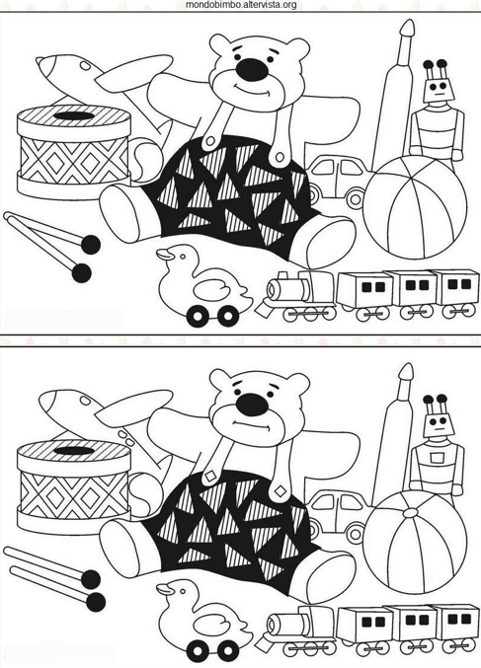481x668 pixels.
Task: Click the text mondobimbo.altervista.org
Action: [x=241, y=5]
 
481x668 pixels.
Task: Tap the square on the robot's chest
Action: [x=436, y=458]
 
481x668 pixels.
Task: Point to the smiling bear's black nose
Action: [x=252, y=69]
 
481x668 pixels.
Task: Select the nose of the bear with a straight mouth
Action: [x=252, y=404]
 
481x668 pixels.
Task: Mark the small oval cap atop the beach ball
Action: [x=412, y=512]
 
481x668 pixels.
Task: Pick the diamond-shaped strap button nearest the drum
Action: [x=210, y=477]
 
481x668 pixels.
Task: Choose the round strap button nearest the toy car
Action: [x=280, y=158]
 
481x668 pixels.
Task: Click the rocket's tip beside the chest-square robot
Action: [x=406, y=372]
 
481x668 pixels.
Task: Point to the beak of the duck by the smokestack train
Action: [x=164, y=255]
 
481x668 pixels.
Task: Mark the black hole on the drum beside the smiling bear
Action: [x=74, y=115]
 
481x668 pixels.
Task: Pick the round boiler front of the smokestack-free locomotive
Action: [x=272, y=626]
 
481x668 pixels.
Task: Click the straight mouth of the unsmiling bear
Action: [x=252, y=424]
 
